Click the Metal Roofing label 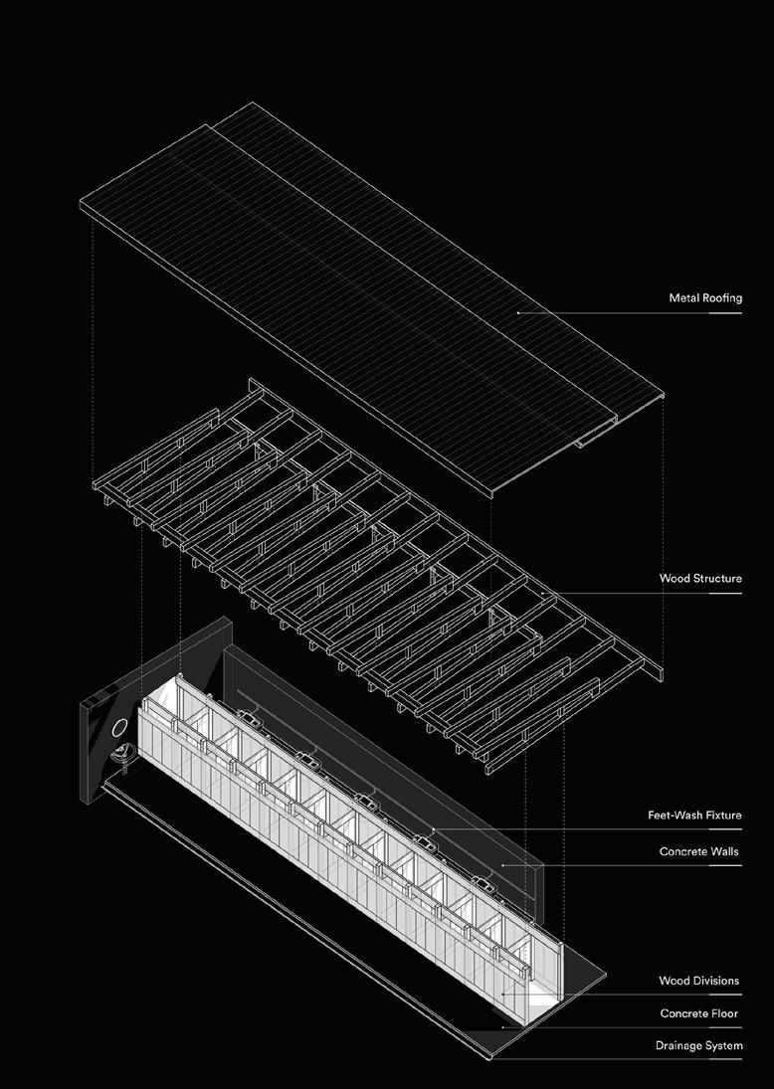click(x=705, y=298)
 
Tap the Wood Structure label click(x=700, y=578)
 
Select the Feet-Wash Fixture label click(x=694, y=816)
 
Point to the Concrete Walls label click(x=700, y=852)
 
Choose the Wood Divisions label click(x=699, y=981)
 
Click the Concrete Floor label click(x=700, y=1013)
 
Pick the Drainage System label click(x=698, y=1045)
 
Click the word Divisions click(x=716, y=981)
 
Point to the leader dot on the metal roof click(x=518, y=313)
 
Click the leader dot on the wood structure click(x=543, y=594)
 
